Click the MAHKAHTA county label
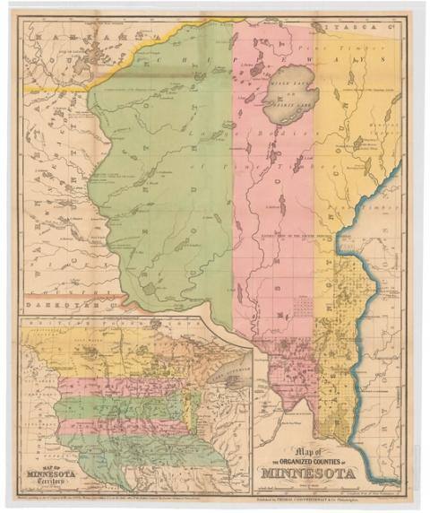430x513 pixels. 72,42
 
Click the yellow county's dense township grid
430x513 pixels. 349,296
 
